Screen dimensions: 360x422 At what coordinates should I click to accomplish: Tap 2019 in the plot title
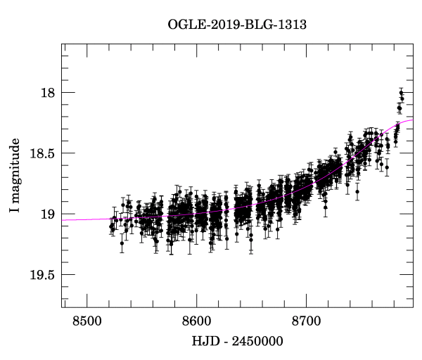215,22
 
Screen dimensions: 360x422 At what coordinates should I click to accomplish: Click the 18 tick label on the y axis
47,92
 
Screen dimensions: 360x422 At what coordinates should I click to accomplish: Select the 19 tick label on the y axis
47,214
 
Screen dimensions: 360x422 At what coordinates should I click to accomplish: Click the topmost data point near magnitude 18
401,92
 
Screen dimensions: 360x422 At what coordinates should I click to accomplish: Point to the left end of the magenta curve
63,220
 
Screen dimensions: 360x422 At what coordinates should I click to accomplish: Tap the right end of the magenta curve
413,120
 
